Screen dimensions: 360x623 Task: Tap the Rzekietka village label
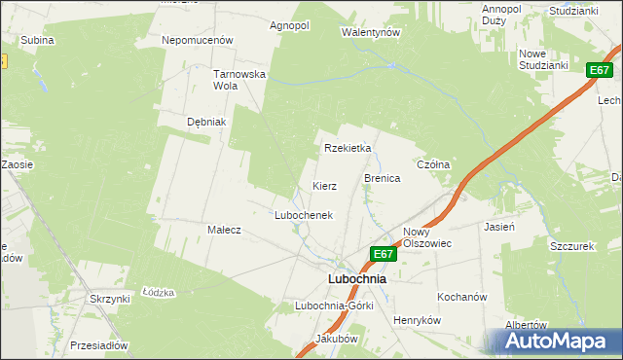pos(348,148)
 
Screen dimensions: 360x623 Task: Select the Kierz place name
pos(324,185)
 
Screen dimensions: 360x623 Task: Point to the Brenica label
pos(383,179)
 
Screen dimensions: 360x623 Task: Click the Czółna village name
pos(433,165)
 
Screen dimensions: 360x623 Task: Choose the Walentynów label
pos(371,32)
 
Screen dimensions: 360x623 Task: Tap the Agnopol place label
pos(289,25)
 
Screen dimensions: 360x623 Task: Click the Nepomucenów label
pos(199,41)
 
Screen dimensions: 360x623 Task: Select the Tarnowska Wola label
pos(239,79)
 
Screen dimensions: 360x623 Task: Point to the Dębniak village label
pos(206,122)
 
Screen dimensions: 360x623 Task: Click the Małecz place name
pos(224,230)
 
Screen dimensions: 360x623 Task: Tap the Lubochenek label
pos(304,215)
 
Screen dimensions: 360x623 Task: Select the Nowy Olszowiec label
pos(427,238)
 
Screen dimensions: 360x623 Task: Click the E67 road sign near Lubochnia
pos(384,255)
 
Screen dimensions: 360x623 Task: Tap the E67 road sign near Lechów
pos(600,70)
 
